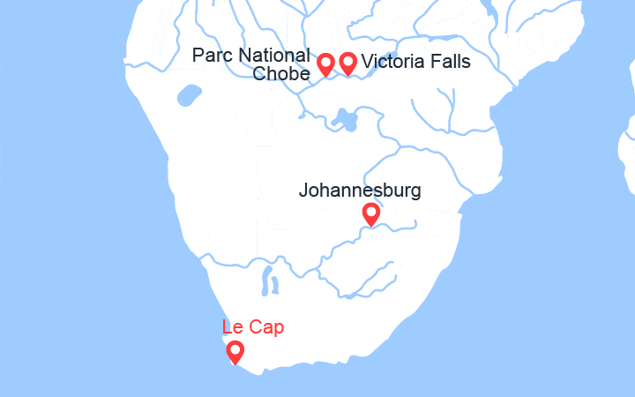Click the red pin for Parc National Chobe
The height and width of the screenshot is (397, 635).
(325, 64)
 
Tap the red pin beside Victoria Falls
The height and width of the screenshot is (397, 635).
(347, 64)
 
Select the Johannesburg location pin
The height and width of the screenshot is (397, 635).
(371, 214)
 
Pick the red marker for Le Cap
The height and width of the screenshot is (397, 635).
(235, 353)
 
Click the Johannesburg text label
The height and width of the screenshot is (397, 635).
(360, 190)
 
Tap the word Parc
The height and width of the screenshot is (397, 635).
(211, 56)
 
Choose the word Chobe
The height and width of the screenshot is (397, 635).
(280, 74)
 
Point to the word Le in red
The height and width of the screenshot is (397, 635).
(233, 327)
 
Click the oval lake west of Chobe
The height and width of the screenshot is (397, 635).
(186, 94)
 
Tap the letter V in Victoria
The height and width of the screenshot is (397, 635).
(368, 62)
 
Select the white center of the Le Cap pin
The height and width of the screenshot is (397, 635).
(235, 349)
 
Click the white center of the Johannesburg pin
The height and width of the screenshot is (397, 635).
(371, 212)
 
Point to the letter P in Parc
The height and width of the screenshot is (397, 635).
(198, 56)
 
